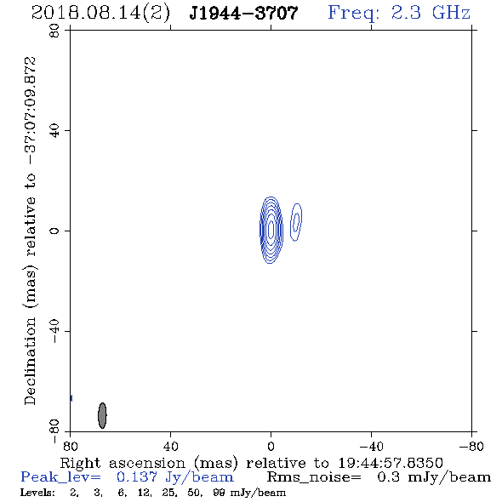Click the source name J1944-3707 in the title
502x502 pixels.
click(243, 14)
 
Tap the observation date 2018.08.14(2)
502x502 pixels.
click(100, 14)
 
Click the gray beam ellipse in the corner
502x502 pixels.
click(102, 415)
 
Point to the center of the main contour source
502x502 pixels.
click(271, 230)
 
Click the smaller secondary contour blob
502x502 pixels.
click(296, 222)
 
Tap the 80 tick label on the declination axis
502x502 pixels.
click(54, 31)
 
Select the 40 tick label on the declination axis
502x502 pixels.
click(54, 131)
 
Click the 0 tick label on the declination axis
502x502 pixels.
click(54, 231)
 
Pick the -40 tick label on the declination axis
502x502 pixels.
click(54, 331)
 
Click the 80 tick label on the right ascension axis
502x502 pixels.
click(70, 446)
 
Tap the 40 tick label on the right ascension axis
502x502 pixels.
click(170, 446)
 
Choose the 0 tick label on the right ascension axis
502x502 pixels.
click(271, 446)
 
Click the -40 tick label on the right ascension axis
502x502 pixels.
click(371, 446)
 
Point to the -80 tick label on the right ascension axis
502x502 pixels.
click(471, 446)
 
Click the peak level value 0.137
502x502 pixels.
click(137, 477)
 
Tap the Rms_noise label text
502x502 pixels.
click(314, 477)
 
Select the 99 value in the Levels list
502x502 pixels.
click(219, 492)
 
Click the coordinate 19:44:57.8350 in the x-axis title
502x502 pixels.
click(391, 463)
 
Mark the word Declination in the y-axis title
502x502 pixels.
click(30, 361)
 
